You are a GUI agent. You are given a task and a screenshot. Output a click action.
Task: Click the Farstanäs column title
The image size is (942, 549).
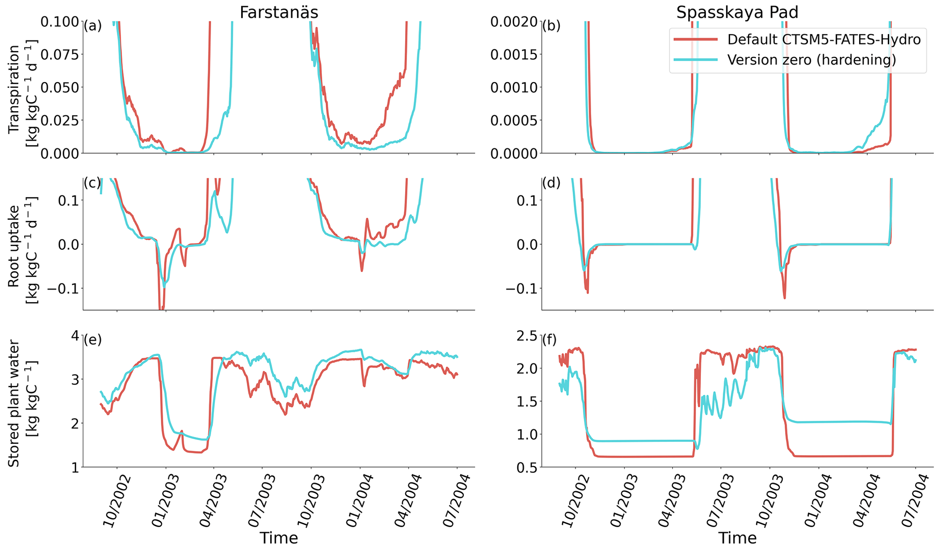278,12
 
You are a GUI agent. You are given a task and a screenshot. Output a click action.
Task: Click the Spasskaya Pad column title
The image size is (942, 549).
737,12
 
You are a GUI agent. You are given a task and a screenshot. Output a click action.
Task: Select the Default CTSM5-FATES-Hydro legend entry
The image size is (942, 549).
824,40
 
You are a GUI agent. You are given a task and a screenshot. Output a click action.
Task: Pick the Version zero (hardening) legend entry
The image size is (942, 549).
811,60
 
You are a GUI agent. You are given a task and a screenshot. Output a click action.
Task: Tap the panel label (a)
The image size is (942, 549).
93,26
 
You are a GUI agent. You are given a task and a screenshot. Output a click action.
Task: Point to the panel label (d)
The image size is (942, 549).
551,183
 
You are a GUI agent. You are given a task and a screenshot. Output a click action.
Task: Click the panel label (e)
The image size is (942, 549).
93,340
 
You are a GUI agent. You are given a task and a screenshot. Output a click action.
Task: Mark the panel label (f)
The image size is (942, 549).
551,340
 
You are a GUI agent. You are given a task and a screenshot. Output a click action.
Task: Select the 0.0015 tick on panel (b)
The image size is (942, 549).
514,55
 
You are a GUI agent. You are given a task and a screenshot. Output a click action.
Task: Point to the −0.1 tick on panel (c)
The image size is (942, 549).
64,288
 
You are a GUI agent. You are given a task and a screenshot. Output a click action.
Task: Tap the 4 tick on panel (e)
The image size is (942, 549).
74,336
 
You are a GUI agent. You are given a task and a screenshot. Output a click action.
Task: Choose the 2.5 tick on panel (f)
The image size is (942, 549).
525,336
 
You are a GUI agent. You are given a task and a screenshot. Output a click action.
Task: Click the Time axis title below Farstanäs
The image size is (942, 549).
278,538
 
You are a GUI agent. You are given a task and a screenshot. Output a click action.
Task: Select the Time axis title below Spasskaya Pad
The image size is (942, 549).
737,538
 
